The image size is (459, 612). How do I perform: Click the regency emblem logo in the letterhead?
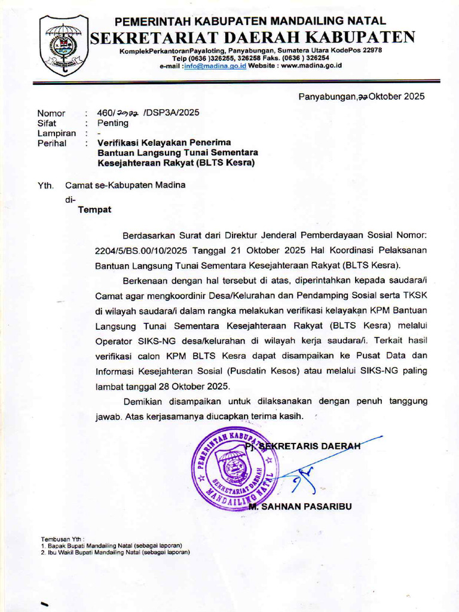pyautogui.click(x=63, y=45)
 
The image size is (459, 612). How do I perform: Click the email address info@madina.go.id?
pyautogui.click(x=215, y=66)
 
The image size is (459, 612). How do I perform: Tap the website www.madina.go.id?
pyautogui.click(x=311, y=66)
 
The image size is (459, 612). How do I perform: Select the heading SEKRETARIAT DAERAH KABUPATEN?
pyautogui.click(x=252, y=38)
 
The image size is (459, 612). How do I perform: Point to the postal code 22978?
pyautogui.click(x=370, y=50)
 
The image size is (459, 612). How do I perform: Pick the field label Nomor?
pyautogui.click(x=51, y=112)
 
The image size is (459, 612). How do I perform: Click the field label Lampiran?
pyautogui.click(x=57, y=133)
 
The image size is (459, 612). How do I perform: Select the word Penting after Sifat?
pyautogui.click(x=113, y=123)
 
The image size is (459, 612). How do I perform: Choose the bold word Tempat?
pyautogui.click(x=94, y=210)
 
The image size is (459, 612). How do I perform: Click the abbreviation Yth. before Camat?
pyautogui.click(x=46, y=185)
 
